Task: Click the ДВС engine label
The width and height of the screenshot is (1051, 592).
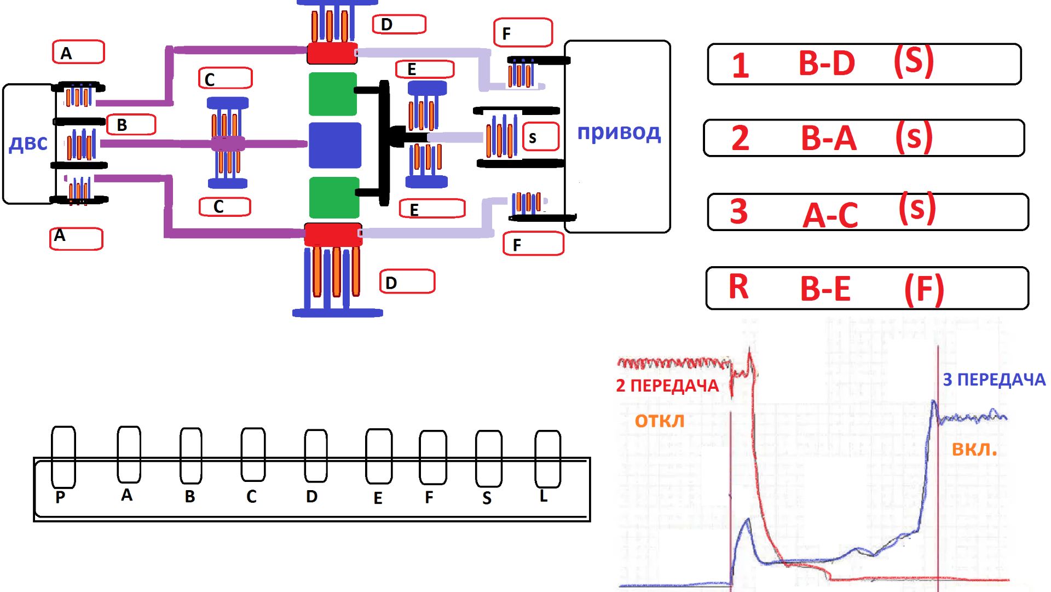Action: pos(28,143)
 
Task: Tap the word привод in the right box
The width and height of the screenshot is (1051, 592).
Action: pos(619,133)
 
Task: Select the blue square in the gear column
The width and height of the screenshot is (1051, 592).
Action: pos(335,145)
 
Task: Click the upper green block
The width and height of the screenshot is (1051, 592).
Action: pos(333,94)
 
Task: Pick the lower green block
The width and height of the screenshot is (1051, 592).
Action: pos(334,198)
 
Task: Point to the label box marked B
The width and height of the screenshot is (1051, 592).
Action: pos(131,125)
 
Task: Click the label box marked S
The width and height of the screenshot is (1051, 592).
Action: pos(541,137)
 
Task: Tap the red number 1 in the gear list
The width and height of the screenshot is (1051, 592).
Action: pos(740,65)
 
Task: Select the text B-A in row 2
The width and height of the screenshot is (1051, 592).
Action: pos(829,138)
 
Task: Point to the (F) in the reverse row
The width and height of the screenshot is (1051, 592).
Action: pos(924,289)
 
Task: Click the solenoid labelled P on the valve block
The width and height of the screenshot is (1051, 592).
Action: pos(63,457)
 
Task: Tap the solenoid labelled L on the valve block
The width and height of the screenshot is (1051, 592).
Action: pos(547,459)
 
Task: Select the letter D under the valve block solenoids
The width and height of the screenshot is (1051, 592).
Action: pos(311,497)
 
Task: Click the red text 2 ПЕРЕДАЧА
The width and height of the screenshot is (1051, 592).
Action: pos(667,386)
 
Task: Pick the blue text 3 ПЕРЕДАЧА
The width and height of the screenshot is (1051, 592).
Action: pos(994,380)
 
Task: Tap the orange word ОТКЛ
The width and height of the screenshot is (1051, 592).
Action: pos(660,421)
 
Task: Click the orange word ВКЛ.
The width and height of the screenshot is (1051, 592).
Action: pos(974,450)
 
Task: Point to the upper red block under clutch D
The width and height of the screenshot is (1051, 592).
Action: pos(332,53)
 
